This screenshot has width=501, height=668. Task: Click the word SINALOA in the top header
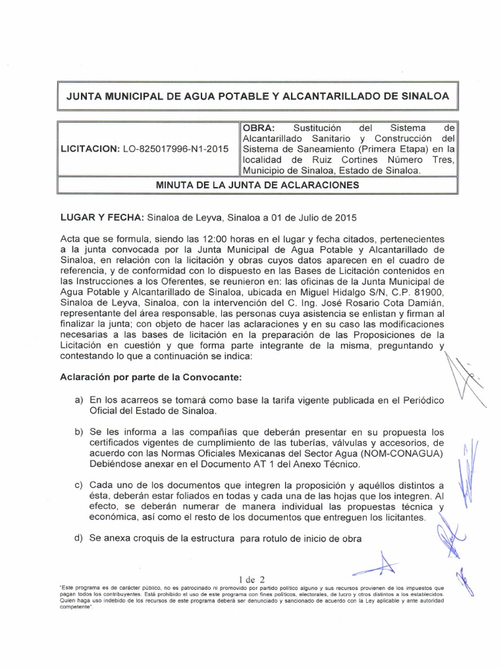[417, 96]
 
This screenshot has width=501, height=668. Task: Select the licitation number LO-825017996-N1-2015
[175, 149]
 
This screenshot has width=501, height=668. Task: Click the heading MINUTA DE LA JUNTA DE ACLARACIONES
[258, 185]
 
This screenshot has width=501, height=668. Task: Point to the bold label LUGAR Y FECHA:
[102, 216]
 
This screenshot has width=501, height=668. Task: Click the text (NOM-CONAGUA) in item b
[402, 453]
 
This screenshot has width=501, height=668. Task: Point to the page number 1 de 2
[252, 578]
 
